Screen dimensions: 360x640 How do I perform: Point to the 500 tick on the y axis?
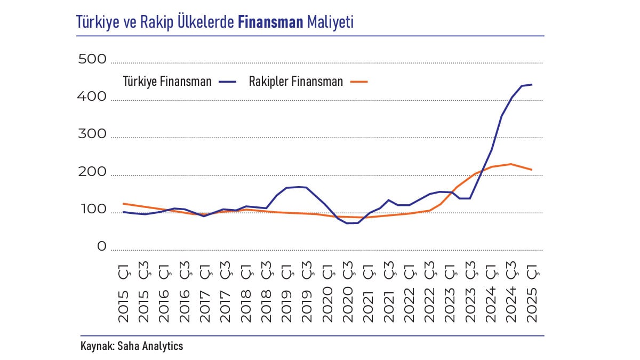(x=93, y=59)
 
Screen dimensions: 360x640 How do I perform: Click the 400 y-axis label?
(x=93, y=97)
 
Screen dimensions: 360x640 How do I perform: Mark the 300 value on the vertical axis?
(x=93, y=134)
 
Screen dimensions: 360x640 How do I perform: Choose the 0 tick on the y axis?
(x=102, y=247)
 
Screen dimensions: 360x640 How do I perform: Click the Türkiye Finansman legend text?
(x=167, y=82)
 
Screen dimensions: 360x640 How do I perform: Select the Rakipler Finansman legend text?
(x=296, y=82)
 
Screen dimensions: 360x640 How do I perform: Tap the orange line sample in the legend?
(x=359, y=82)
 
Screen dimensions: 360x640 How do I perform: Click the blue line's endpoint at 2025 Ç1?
(x=532, y=84)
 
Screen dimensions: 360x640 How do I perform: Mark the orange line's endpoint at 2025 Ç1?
(x=532, y=170)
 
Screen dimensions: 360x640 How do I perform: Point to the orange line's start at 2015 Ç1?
(x=123, y=203)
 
